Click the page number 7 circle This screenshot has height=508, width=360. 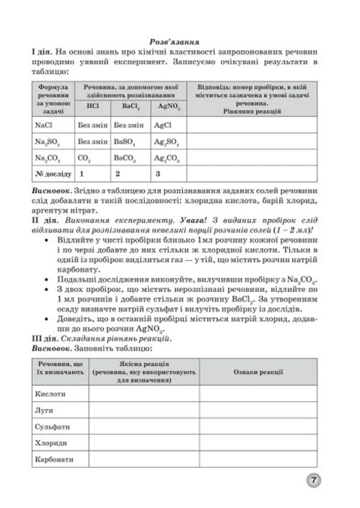(x=313, y=481)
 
